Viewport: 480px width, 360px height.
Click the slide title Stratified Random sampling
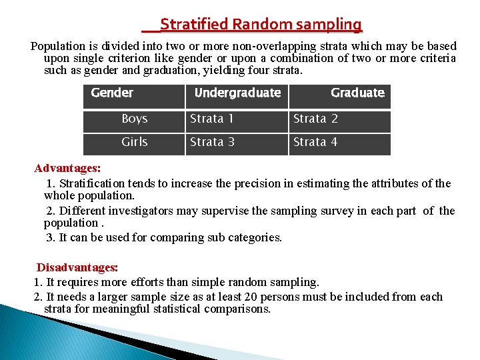(x=261, y=25)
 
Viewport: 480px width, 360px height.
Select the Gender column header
(x=112, y=93)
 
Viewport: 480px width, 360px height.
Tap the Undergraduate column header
(x=237, y=93)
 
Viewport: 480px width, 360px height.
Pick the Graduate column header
(x=357, y=93)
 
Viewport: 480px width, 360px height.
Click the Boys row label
(x=135, y=119)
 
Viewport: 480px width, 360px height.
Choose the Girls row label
(x=135, y=142)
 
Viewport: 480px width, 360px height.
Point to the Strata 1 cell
(x=212, y=119)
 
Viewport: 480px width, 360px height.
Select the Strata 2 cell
(x=316, y=119)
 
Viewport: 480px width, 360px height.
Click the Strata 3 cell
(x=212, y=142)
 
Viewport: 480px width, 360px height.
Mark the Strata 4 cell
(x=316, y=142)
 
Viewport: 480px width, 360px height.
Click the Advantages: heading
(x=67, y=167)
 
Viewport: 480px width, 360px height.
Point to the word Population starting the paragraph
(x=59, y=46)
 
